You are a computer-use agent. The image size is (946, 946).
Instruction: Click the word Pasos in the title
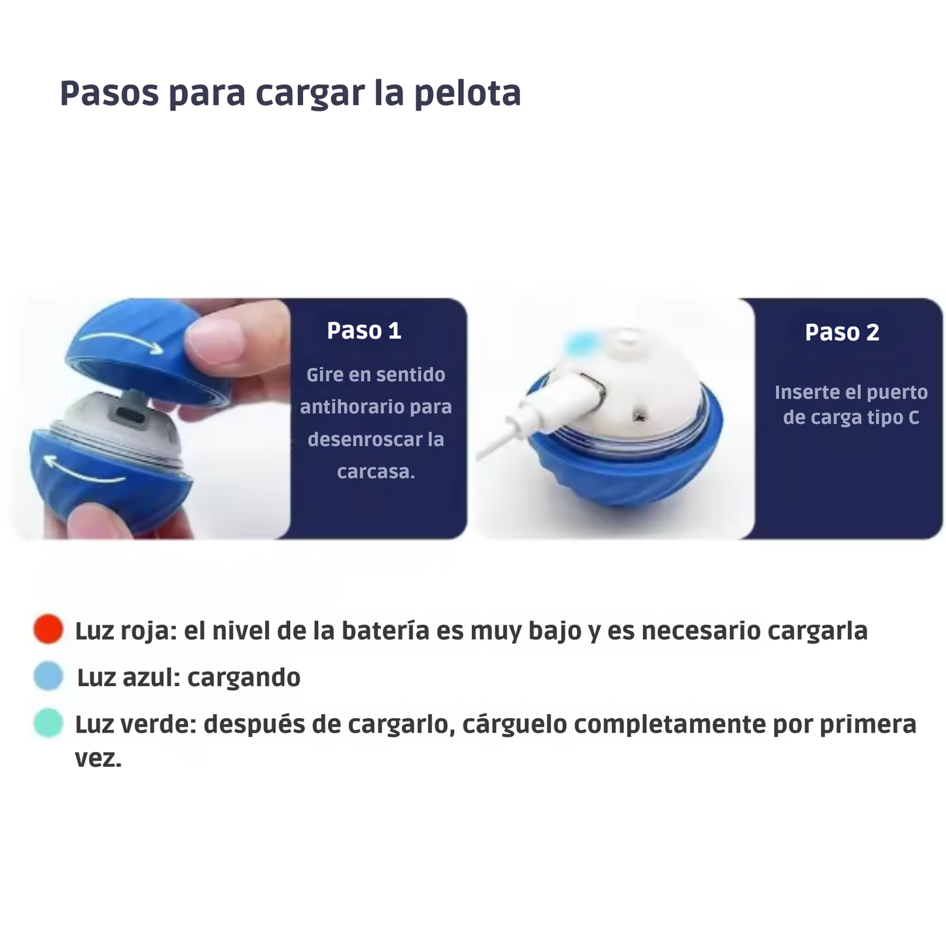tap(109, 93)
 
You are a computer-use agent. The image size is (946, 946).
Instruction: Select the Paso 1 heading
tap(364, 331)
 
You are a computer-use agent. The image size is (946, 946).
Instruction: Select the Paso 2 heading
tap(842, 333)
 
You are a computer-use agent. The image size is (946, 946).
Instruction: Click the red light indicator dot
tap(48, 629)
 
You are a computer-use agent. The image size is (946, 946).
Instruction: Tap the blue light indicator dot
tap(48, 676)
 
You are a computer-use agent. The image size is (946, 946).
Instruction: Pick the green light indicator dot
tap(48, 723)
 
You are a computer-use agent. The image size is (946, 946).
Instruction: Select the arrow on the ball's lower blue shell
tap(83, 470)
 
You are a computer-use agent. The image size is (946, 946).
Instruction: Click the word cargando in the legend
tap(244, 678)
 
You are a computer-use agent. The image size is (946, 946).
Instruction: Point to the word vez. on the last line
tap(98, 759)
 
